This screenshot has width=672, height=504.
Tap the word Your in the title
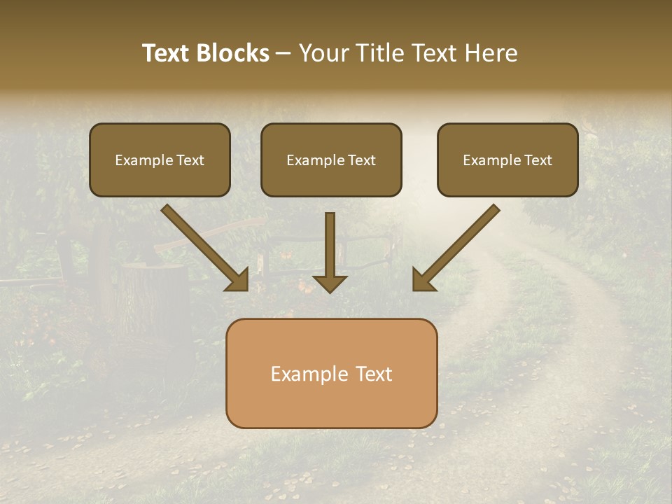click(323, 53)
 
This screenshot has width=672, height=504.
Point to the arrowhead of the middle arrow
click(330, 283)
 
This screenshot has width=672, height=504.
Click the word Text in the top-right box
click(538, 160)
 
